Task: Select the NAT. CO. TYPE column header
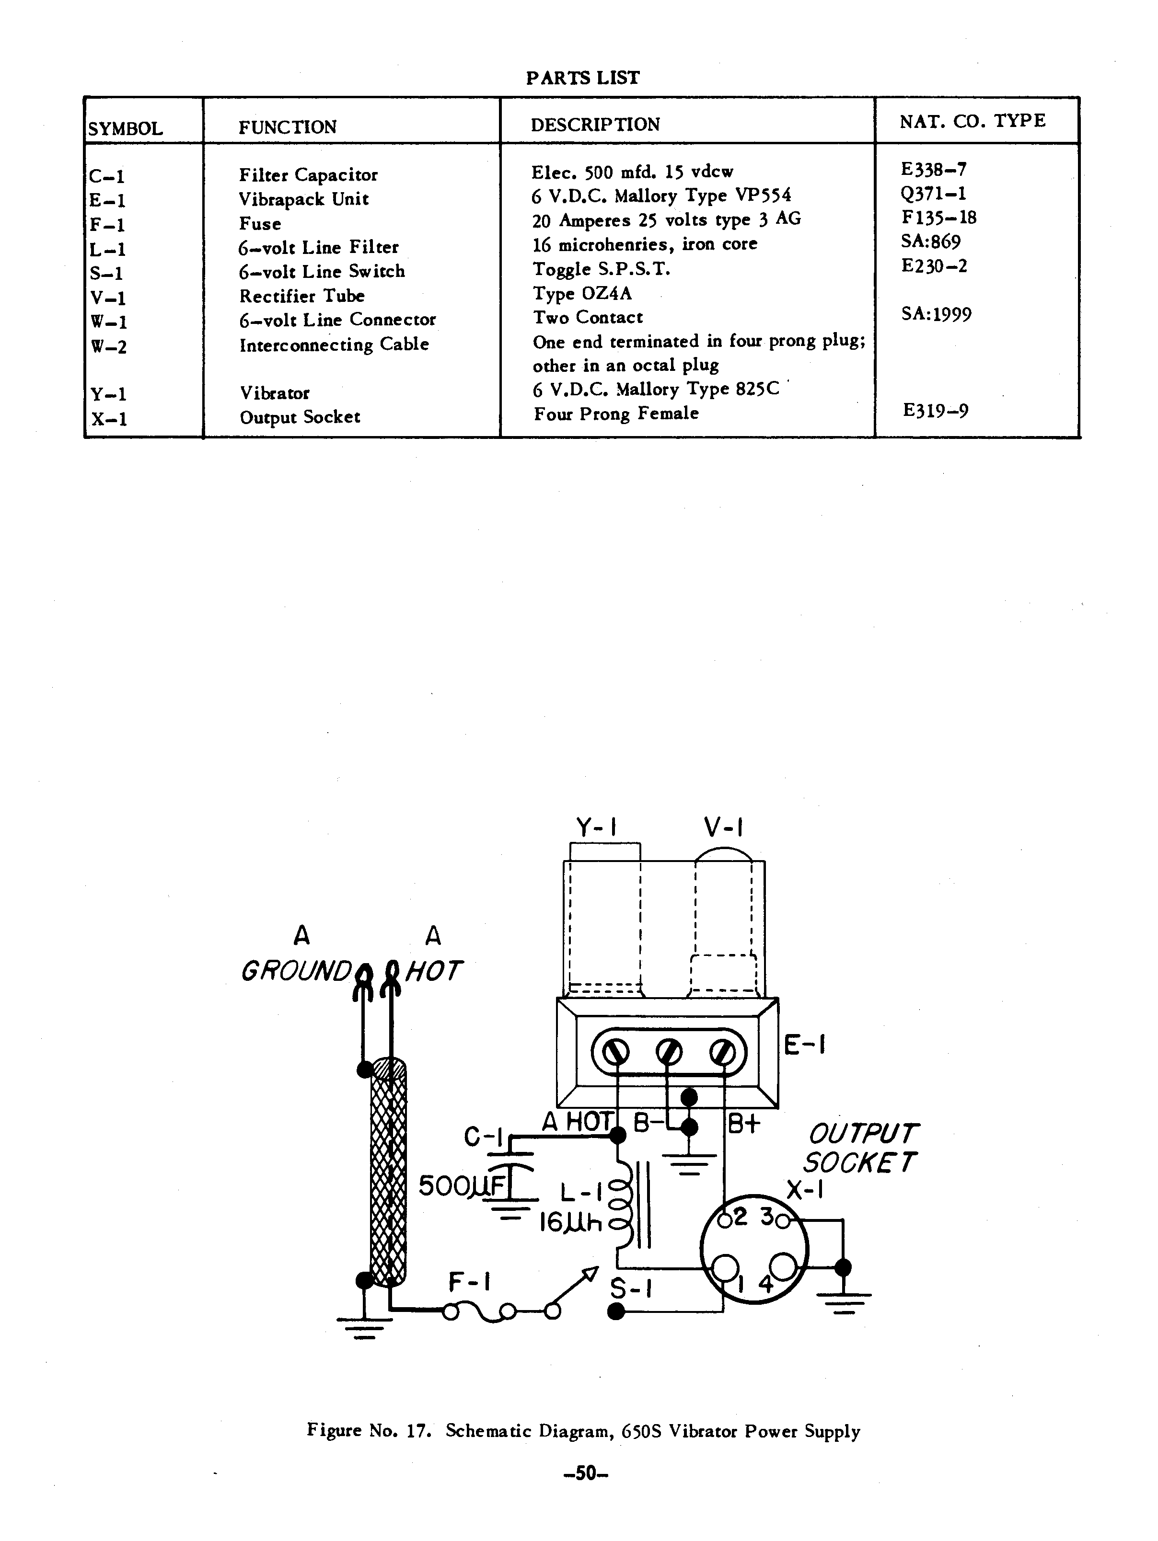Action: (x=972, y=121)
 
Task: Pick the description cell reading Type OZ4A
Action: (x=582, y=293)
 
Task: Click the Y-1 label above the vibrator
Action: (x=596, y=828)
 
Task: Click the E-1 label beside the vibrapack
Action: (x=805, y=1045)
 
